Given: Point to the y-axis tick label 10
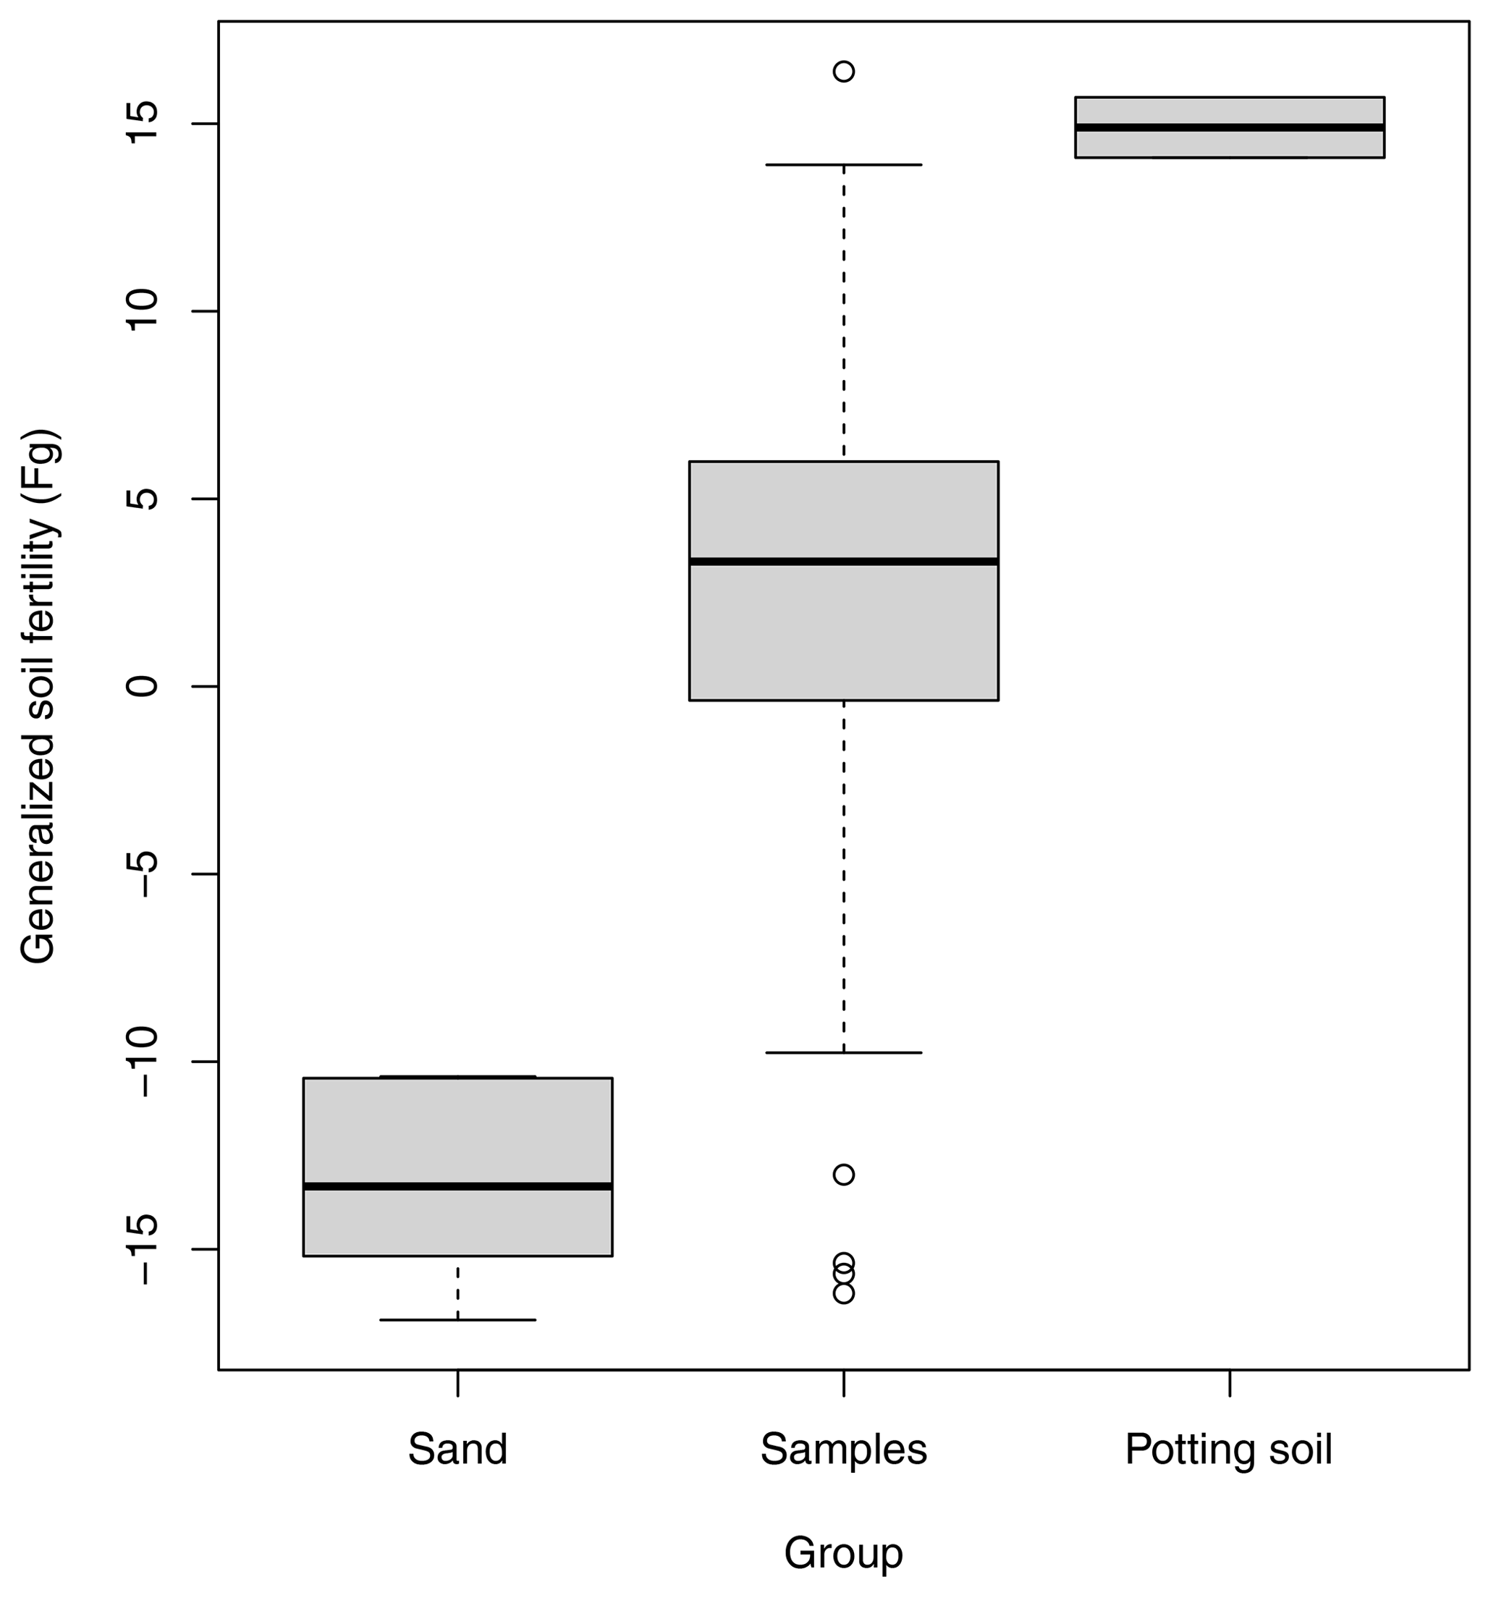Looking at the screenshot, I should [x=141, y=311].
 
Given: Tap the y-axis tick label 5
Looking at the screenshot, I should [x=141, y=499].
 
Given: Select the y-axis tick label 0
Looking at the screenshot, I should [x=141, y=686].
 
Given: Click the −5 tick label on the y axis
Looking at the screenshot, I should [x=141, y=874].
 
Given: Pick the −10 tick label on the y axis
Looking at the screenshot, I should [x=141, y=1061].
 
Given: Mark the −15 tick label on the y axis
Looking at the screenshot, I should [x=141, y=1249].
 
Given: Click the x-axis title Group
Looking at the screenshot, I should [x=844, y=1553].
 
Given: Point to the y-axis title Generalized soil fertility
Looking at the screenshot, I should [x=38, y=697].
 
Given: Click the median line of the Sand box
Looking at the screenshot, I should [x=457, y=1186].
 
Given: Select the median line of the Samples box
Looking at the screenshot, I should [x=844, y=561].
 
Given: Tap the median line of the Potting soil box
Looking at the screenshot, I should [x=1229, y=127].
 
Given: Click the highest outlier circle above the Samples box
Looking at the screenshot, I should [x=844, y=72].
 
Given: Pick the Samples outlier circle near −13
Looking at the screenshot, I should [x=844, y=1175].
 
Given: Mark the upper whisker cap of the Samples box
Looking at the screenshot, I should [x=844, y=164].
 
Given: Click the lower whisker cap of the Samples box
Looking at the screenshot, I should [x=844, y=1052].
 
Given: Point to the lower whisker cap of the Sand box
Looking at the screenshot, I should [x=457, y=1320].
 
